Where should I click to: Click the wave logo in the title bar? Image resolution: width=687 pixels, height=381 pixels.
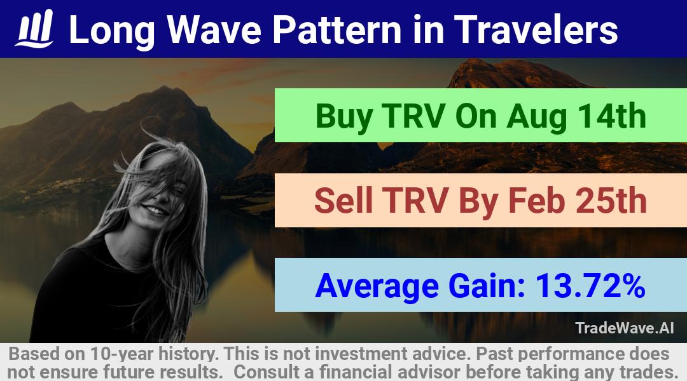click(34, 29)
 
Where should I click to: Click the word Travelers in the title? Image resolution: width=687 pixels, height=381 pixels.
click(536, 30)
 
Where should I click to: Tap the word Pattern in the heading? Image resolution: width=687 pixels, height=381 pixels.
click(337, 30)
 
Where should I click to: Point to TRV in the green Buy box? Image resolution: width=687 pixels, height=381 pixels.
click(414, 116)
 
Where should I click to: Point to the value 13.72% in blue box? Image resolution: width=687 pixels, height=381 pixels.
click(590, 286)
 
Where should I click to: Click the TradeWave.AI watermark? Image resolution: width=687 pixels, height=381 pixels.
click(625, 328)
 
